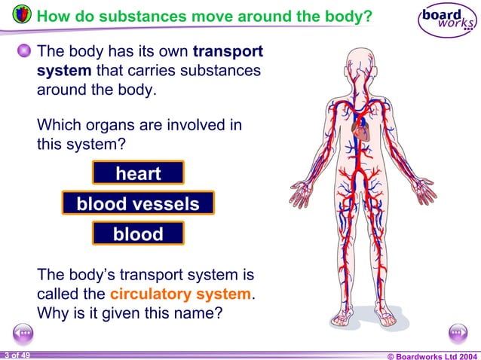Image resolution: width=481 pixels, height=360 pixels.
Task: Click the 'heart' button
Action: point(138,173)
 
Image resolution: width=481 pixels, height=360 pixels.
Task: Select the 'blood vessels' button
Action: point(138,203)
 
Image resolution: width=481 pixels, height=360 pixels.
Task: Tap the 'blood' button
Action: point(138,233)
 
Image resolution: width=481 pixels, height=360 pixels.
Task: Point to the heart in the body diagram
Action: point(360,133)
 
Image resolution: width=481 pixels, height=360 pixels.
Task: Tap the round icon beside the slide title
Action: point(23,16)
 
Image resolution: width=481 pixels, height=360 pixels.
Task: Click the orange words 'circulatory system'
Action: point(180,293)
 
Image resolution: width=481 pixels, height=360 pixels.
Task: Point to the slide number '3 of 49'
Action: point(16,355)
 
